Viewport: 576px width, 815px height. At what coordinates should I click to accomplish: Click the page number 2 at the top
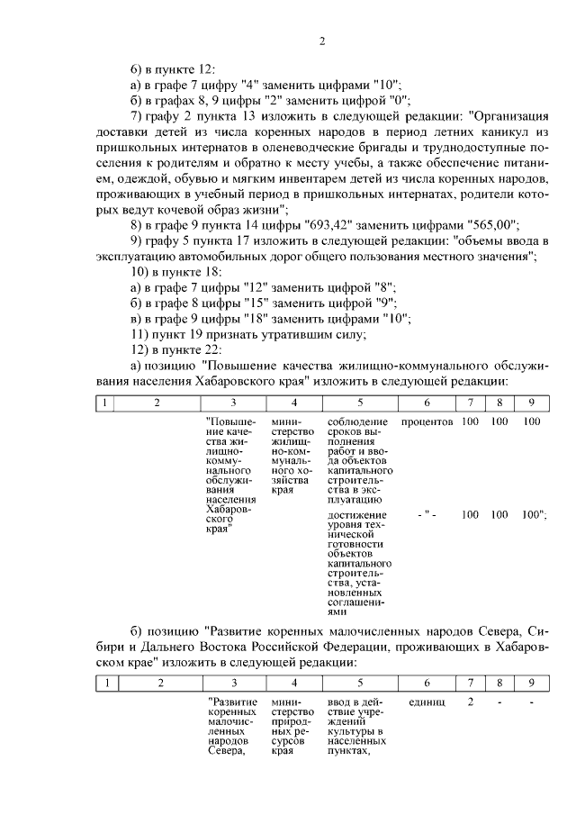320,41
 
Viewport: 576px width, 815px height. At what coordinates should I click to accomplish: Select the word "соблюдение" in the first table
357,421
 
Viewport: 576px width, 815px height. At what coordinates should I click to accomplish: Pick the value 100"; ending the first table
535,515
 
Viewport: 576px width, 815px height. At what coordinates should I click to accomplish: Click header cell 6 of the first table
427,402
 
